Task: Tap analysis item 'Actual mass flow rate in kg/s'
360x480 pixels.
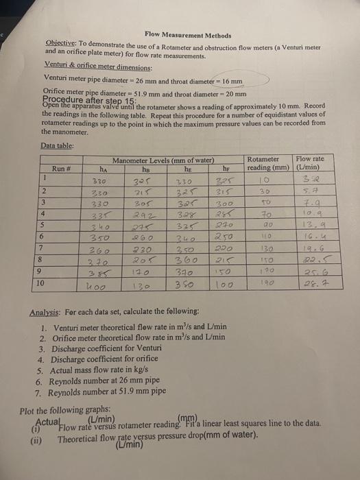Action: [x=102, y=370]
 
